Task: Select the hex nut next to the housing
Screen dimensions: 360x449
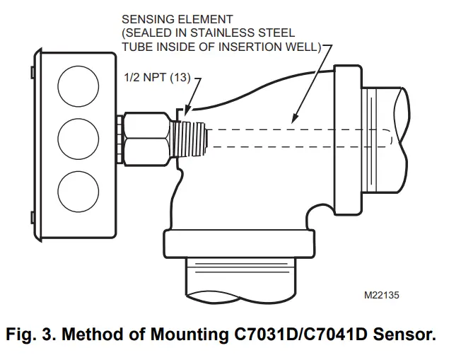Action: (x=146, y=134)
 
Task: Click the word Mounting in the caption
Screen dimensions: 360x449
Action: (x=197, y=334)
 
